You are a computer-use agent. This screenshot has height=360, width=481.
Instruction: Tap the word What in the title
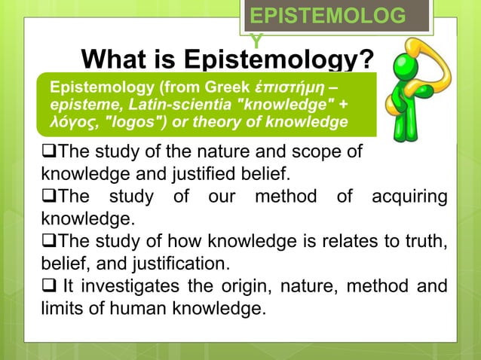click(114, 59)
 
